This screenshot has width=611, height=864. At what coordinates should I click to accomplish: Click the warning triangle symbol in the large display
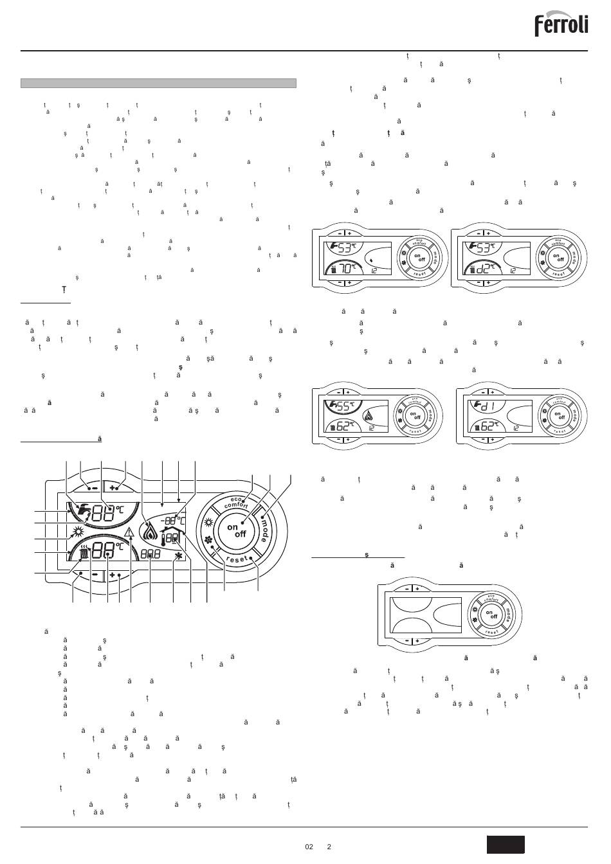click(131, 532)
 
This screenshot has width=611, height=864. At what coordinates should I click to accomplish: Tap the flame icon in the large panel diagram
click(149, 531)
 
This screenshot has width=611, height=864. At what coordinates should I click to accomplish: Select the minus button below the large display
click(95, 574)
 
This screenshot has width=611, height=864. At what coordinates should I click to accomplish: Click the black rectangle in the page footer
click(506, 844)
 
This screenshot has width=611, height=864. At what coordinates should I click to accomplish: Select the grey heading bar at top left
click(158, 83)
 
